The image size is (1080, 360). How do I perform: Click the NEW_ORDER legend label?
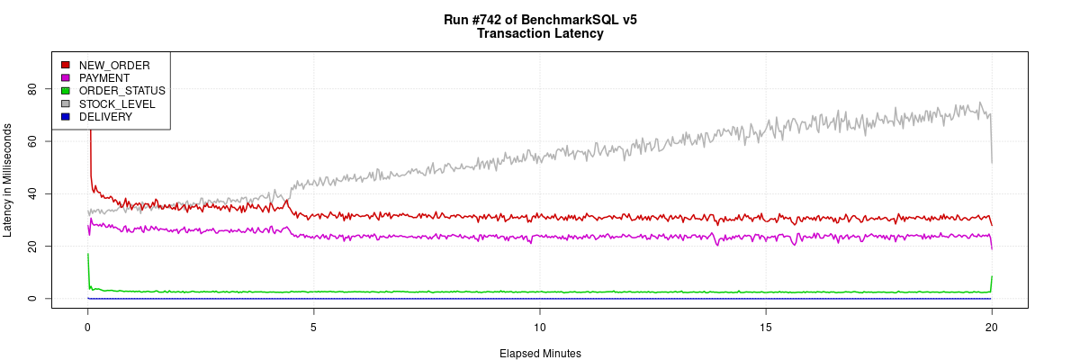[x=114, y=65]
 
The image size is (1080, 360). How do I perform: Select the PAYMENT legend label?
[x=104, y=78]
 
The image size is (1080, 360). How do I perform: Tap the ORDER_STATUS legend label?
[x=121, y=91]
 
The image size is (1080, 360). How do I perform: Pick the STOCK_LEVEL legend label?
[x=117, y=104]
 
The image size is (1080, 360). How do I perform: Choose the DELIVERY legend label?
[x=105, y=117]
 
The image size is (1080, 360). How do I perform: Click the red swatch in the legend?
[x=65, y=65]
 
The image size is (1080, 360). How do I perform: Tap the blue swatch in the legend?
[x=65, y=117]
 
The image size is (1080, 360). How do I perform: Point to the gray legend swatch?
[x=65, y=104]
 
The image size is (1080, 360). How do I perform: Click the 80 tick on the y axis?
[x=31, y=89]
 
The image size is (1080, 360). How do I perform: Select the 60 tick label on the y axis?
[x=31, y=141]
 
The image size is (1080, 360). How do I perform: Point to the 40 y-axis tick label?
[x=31, y=193]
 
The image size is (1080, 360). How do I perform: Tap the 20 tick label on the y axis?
[x=31, y=246]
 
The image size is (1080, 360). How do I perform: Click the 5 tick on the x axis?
[x=313, y=325]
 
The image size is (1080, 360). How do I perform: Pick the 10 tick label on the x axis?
[x=539, y=325]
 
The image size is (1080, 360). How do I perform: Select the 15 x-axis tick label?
[x=765, y=325]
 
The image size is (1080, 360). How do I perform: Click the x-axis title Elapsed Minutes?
[x=540, y=354]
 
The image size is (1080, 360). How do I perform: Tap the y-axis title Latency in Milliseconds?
[x=8, y=180]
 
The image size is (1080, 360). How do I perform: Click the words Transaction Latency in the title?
[x=540, y=34]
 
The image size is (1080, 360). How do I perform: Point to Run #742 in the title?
[x=474, y=20]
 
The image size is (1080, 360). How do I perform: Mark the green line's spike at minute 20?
[x=991, y=278]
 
